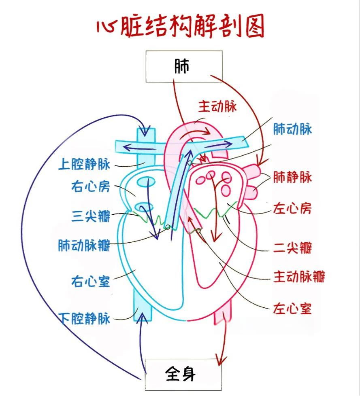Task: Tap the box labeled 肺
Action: click(x=183, y=66)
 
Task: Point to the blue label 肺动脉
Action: click(x=292, y=129)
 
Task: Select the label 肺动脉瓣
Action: click(x=84, y=245)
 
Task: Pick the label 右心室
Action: click(x=90, y=281)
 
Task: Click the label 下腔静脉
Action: click(x=84, y=318)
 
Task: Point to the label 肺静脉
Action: click(x=292, y=177)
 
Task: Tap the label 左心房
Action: click(x=292, y=209)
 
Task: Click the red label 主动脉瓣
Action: click(x=299, y=277)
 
